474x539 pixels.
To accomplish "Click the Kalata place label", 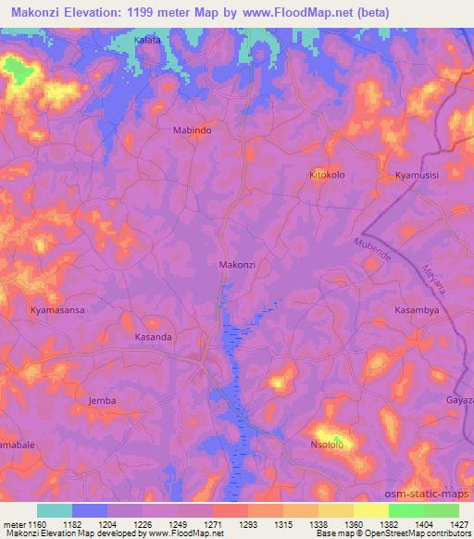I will tap(147, 41).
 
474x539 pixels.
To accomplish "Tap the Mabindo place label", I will tap(193, 131).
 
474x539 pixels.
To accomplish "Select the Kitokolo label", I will tap(328, 174).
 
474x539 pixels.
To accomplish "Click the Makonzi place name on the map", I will tap(237, 265).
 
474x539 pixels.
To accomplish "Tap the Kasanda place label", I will tap(154, 337).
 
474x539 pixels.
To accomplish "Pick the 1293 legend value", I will tap(247, 524).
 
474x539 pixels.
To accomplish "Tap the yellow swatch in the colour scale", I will tap(370, 510).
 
